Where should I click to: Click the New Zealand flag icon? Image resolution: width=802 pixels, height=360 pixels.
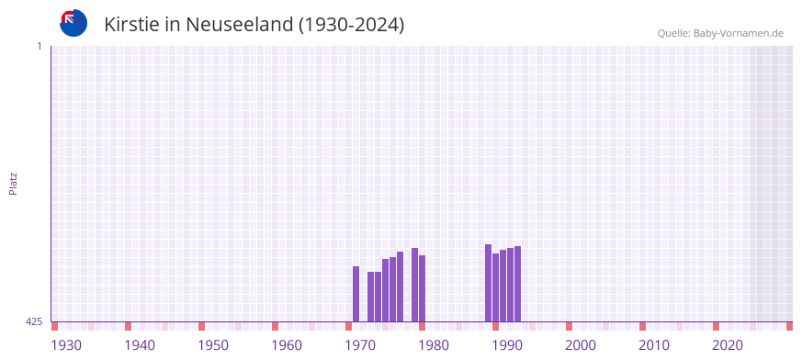tap(73, 23)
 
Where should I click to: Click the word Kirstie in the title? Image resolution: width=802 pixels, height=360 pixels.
tap(130, 24)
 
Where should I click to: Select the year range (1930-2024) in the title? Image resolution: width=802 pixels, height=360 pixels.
tap(352, 24)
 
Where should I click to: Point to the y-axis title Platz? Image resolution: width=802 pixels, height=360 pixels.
tap(13, 183)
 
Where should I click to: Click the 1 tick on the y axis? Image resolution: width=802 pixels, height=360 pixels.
tap(39, 46)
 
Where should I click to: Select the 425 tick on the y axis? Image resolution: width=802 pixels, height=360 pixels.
tap(34, 321)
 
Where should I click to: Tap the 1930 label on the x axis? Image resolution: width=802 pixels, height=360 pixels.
tap(66, 345)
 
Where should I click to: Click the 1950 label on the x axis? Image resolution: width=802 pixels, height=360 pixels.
tap(213, 345)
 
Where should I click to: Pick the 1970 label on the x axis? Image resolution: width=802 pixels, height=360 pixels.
tap(360, 345)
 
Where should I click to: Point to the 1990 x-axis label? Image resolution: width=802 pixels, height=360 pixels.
tap(507, 345)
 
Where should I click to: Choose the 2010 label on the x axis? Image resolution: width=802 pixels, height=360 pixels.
tap(654, 345)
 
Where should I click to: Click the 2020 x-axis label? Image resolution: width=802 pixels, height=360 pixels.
tap(728, 345)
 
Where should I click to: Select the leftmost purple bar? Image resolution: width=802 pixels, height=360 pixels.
tap(356, 294)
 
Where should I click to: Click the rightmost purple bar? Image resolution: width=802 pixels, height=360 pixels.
tap(518, 284)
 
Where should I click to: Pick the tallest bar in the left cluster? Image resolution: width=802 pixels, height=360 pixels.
tap(415, 285)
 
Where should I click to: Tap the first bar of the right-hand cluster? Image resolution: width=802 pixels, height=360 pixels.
tap(489, 283)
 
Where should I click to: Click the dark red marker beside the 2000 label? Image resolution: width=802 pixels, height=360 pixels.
tap(570, 326)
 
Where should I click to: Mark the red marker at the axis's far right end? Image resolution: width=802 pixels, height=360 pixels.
tap(789, 326)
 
